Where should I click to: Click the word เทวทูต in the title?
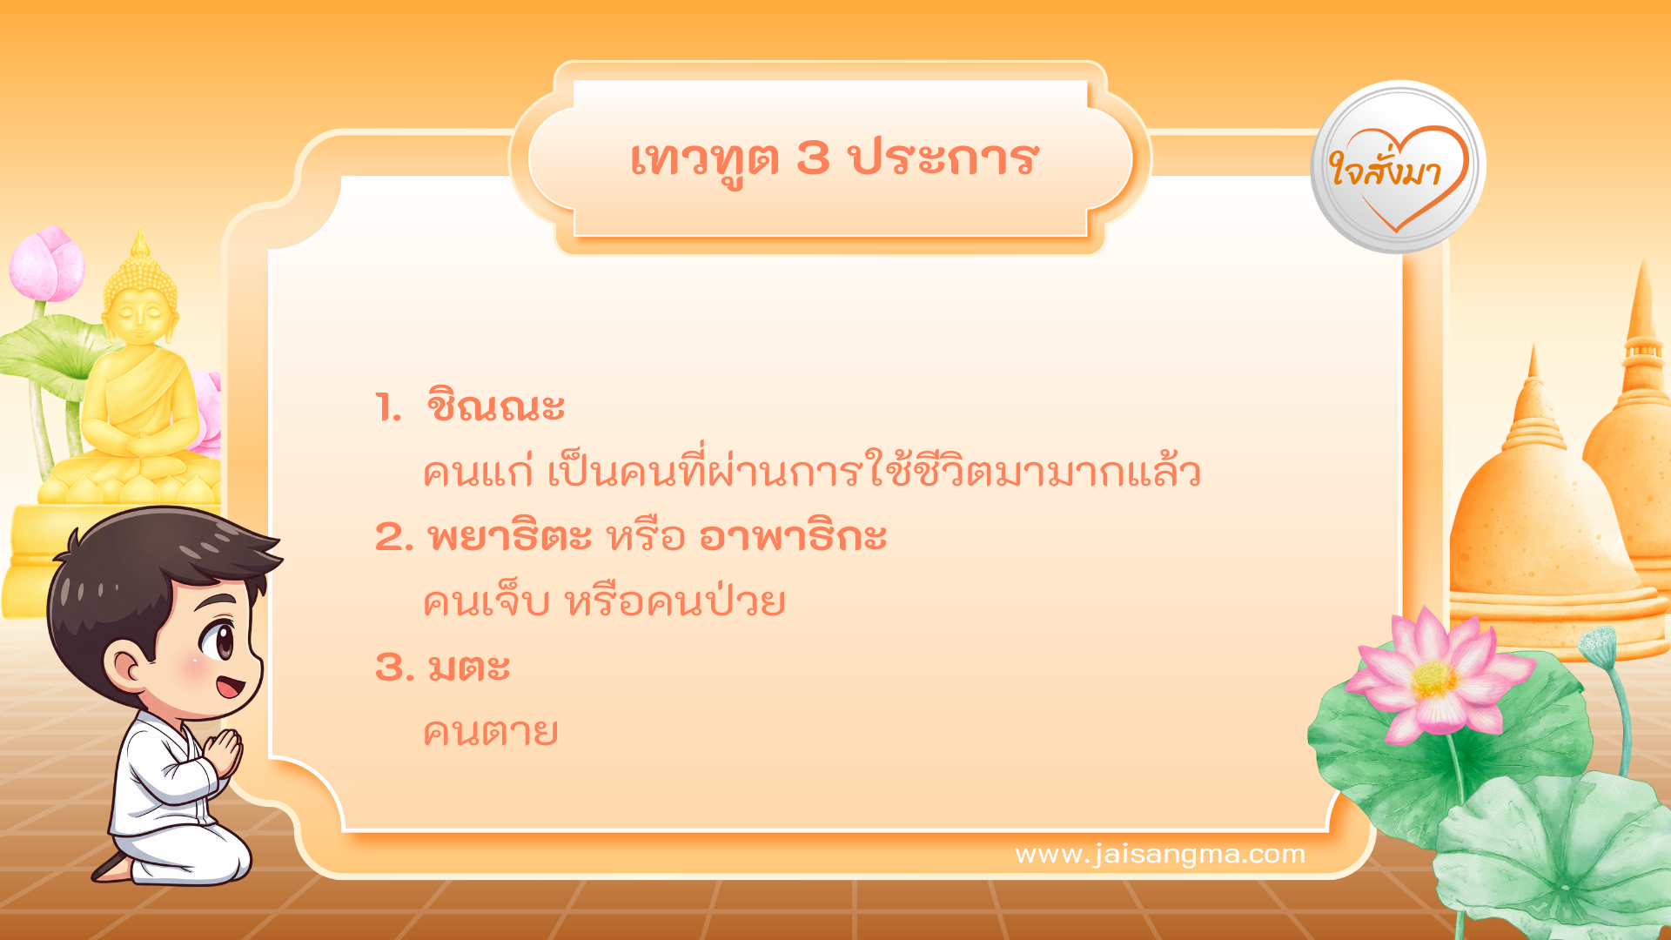pos(703,160)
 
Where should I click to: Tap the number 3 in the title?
pos(813,158)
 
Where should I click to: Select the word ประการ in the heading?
pos(943,158)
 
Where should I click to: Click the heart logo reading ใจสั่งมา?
pos(1398,168)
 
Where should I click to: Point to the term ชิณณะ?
pos(495,406)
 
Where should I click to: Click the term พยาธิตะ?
pos(510,536)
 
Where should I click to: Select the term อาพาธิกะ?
pos(793,536)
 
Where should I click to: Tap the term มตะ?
pos(469,668)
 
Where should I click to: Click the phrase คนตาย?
pos(490,733)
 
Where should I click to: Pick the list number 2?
pos(393,537)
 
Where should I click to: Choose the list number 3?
pos(393,668)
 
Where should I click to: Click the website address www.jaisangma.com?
pos(1160,854)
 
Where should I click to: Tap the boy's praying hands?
pos(225,752)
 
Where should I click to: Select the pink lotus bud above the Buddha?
pos(48,263)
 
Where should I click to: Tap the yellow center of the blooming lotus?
pos(1433,679)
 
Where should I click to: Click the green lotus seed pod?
pos(1597,645)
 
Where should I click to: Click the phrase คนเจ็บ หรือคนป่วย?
pos(604,602)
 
